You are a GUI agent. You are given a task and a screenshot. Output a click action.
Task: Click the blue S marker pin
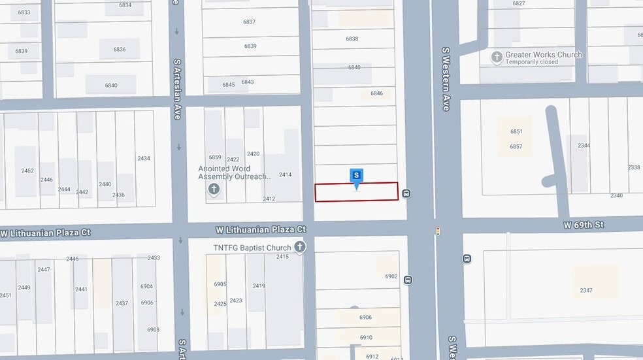tap(356, 176)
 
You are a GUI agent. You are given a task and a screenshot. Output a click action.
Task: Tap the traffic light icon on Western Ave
tap(438, 231)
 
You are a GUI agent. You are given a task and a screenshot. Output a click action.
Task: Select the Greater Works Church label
tap(544, 55)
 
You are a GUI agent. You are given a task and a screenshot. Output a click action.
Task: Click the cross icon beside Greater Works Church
tap(497, 57)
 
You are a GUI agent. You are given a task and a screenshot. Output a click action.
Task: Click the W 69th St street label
tap(584, 225)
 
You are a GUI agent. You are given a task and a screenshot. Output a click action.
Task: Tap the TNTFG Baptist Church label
tap(252, 248)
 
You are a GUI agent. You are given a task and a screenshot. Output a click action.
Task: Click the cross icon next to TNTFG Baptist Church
tap(300, 246)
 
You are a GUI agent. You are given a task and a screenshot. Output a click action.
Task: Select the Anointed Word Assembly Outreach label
tap(234, 172)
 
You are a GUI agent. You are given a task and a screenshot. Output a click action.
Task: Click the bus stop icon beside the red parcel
tap(406, 193)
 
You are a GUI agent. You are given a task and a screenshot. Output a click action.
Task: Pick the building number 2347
tap(585, 290)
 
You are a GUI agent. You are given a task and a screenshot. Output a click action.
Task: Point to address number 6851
tap(516, 131)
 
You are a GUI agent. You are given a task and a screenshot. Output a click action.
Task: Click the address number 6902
tap(391, 276)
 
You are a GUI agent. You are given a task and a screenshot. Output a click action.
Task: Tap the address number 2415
tap(282, 257)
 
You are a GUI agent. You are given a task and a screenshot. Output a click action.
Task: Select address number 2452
tap(27, 171)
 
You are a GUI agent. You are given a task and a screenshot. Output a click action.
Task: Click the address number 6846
tap(376, 93)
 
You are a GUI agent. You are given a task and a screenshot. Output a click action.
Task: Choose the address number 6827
tap(519, 4)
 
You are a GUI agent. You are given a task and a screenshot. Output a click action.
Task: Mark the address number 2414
tap(285, 175)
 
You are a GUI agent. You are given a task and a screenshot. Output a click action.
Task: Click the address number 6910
tap(366, 338)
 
